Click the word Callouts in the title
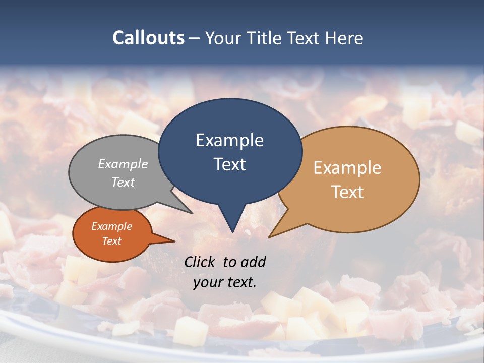tap(148, 38)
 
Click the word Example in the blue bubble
tap(229, 140)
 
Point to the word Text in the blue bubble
tap(229, 164)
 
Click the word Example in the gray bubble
tap(123, 164)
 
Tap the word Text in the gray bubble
tap(123, 182)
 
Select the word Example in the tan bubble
tap(347, 168)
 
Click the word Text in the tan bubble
tap(347, 192)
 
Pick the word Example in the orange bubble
tap(112, 226)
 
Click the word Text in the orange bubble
tap(112, 241)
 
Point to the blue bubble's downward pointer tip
tap(232, 231)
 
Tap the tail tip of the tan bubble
tap(270, 236)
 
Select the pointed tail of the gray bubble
tap(191, 213)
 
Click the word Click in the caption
tap(200, 262)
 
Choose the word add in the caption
tap(253, 262)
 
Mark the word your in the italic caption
tap(207, 282)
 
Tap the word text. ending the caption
tap(240, 282)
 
